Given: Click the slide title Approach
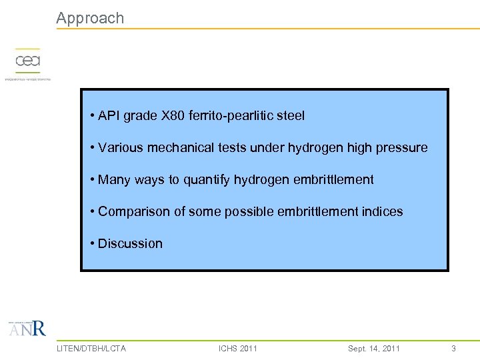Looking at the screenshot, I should (x=90, y=18).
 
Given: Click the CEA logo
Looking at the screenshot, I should (x=28, y=61).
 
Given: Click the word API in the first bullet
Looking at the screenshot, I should (x=109, y=115).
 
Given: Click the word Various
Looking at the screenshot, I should (x=120, y=147).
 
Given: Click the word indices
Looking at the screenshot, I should (x=383, y=211).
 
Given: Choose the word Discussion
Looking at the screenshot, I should (x=130, y=243).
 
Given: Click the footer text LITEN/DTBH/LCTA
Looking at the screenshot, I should (x=91, y=348).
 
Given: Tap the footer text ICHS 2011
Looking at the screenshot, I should (x=238, y=348).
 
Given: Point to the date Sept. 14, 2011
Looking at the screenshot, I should (x=374, y=348).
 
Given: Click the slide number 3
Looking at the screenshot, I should (x=453, y=348).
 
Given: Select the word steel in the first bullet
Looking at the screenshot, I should (x=290, y=115).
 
